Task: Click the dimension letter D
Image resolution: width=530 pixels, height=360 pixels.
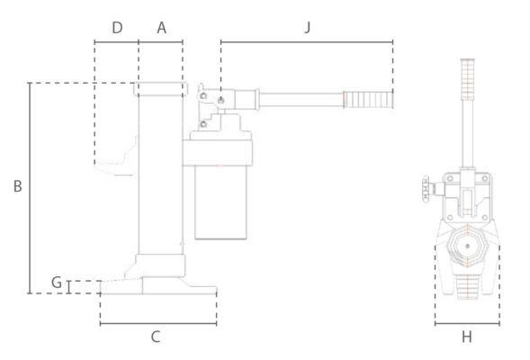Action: [x=117, y=28]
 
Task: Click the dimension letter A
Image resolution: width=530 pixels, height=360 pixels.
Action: [x=162, y=28]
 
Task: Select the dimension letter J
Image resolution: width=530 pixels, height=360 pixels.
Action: [x=307, y=27]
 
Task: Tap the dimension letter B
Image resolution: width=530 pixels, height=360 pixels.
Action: [x=18, y=186]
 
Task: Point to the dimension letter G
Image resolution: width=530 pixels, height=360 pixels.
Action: [x=57, y=283]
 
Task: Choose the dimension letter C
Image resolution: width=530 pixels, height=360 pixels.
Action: [x=156, y=337]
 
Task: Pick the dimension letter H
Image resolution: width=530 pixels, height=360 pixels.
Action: [x=467, y=337]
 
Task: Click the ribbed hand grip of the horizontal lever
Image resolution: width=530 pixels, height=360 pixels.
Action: [x=368, y=100]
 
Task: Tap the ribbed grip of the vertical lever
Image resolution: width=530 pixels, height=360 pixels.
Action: [x=468, y=79]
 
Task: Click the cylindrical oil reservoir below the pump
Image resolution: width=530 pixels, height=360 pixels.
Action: [x=220, y=202]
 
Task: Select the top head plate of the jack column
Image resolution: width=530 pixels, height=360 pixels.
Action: [x=161, y=89]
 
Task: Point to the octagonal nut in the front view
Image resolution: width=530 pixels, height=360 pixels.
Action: [x=467, y=246]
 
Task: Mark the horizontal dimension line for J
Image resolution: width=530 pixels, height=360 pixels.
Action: [x=307, y=42]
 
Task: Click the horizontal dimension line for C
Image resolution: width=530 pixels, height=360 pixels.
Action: [x=158, y=324]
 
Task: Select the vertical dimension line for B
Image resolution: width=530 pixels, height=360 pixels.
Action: [x=30, y=188]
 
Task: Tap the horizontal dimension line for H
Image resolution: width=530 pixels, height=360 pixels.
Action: [x=467, y=324]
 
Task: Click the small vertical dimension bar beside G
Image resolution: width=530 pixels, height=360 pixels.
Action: [x=69, y=287]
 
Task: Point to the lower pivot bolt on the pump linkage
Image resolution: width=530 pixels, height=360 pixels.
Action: [x=203, y=124]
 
